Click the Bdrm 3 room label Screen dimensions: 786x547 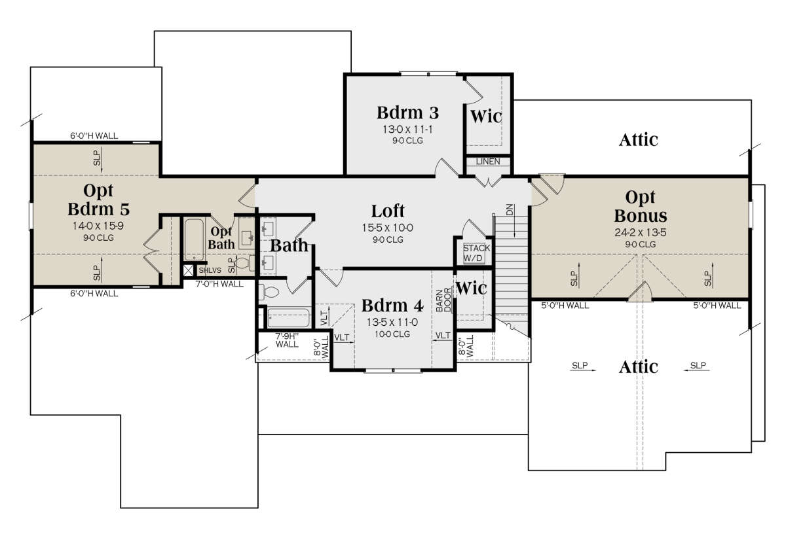(x=407, y=113)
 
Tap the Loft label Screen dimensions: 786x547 (x=388, y=211)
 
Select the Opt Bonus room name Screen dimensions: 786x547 (x=641, y=207)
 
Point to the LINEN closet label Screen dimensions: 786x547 (x=488, y=162)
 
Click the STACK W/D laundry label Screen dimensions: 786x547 (x=476, y=253)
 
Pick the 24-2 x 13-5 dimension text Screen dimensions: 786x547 (x=641, y=232)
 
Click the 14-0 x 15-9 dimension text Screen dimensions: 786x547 (x=98, y=226)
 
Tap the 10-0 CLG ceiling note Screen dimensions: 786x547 (x=392, y=334)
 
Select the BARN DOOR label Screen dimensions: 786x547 (x=443, y=300)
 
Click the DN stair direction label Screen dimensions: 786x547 (x=510, y=209)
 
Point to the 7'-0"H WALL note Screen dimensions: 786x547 (x=219, y=284)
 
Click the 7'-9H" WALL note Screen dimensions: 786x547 (x=287, y=340)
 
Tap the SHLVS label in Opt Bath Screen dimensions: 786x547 (x=210, y=270)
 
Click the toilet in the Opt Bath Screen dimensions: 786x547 (x=244, y=263)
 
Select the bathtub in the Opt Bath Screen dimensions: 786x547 (x=194, y=239)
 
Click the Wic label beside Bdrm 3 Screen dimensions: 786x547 (x=486, y=116)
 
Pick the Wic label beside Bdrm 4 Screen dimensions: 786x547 (x=471, y=289)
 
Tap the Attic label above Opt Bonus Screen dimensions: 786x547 (x=638, y=140)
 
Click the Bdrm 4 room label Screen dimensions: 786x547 (x=392, y=306)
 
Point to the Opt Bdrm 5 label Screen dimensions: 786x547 (x=99, y=200)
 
